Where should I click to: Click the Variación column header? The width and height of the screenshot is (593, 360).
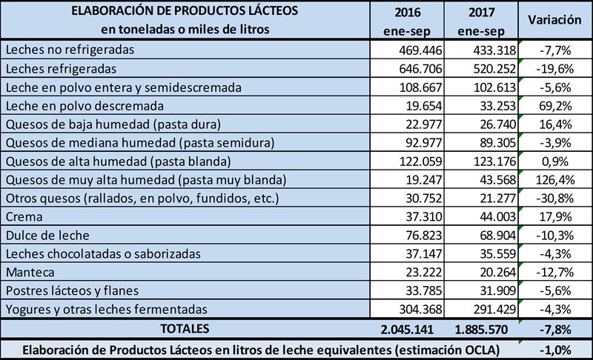(553, 21)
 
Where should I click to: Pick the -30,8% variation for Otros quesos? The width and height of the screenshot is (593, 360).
(554, 199)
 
